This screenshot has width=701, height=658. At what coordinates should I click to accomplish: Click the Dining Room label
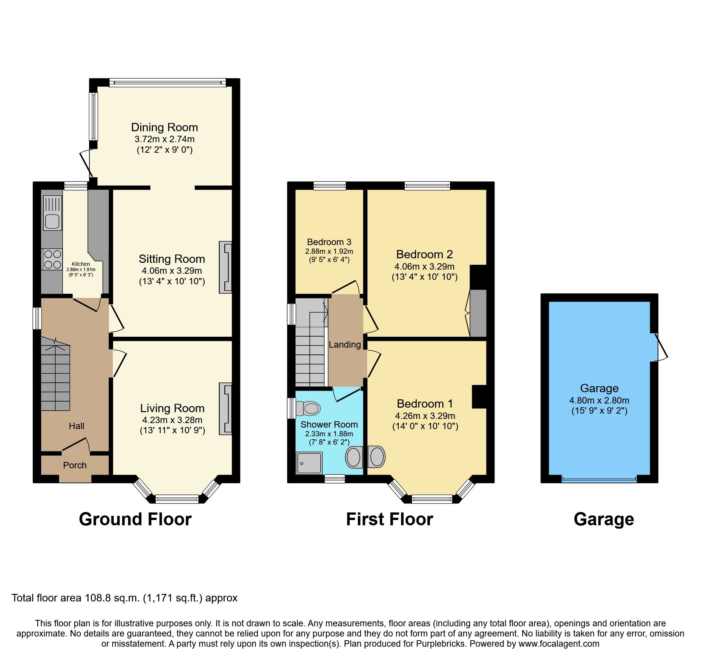(164, 127)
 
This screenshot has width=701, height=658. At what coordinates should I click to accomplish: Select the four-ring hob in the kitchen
(52, 259)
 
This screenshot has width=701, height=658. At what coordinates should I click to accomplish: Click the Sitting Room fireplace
(225, 267)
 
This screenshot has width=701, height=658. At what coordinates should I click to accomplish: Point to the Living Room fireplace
(225, 409)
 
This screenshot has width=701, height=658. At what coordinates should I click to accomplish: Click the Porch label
(75, 465)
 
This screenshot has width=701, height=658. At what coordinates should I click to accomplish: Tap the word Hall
(77, 426)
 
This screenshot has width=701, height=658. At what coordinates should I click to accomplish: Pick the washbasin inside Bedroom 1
(377, 457)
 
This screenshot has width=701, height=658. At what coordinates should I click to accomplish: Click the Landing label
(344, 345)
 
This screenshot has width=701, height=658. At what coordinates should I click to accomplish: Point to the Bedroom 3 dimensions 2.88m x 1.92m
(329, 252)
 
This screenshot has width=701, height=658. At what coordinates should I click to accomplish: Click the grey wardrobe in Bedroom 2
(478, 313)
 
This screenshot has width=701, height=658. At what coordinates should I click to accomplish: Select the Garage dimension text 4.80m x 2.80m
(599, 400)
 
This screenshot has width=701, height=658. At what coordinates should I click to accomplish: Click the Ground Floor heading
(135, 519)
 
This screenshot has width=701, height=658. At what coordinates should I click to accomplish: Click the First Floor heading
(389, 519)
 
